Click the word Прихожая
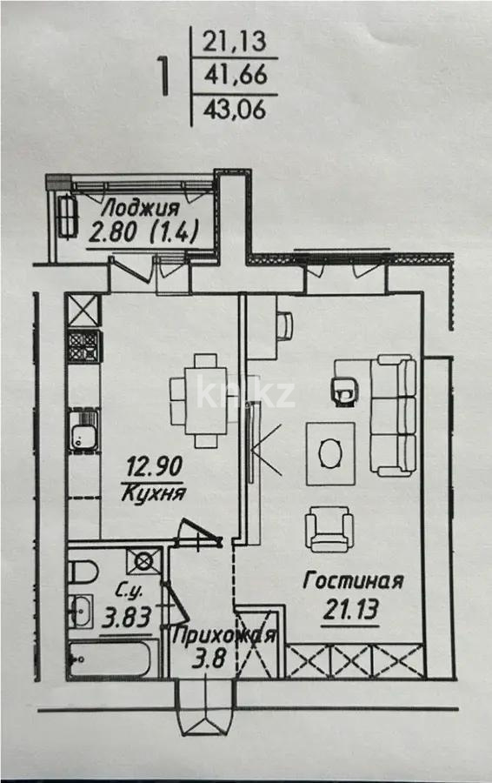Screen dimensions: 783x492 pos(224,635)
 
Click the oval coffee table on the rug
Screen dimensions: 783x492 pos(331,452)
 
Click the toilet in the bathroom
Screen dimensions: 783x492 pos(82,575)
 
